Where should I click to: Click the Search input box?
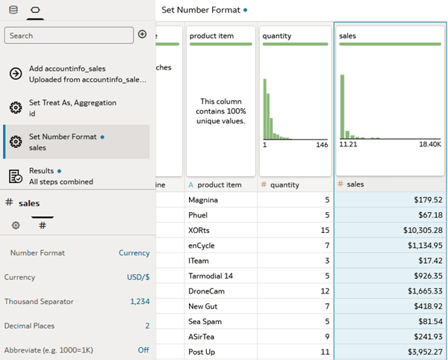(x=69, y=36)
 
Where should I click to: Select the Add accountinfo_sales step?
(x=78, y=74)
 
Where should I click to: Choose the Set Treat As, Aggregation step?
(x=78, y=108)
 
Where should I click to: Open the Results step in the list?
(x=78, y=176)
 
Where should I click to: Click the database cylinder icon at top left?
(x=13, y=10)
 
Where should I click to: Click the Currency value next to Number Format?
(x=134, y=253)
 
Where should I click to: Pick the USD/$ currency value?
(x=138, y=277)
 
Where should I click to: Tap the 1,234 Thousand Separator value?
(x=140, y=302)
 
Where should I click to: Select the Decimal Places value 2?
(x=147, y=326)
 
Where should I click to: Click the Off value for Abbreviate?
(x=143, y=350)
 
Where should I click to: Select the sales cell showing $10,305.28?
(x=390, y=230)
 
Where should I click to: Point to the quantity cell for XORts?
(x=296, y=230)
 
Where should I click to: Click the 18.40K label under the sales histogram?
(x=430, y=144)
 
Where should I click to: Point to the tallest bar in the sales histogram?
(x=342, y=107)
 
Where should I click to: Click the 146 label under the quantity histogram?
(x=322, y=145)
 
